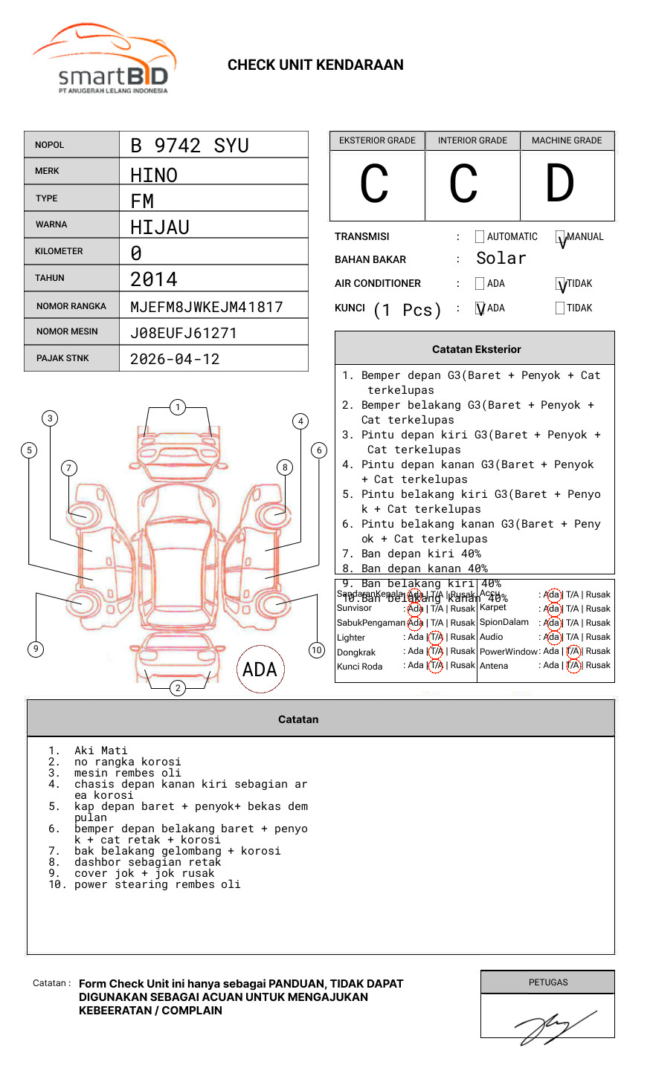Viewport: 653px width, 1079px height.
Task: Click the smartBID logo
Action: point(104,59)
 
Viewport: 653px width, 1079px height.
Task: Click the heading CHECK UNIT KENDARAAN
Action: point(315,65)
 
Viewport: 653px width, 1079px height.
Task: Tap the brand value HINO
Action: point(154,175)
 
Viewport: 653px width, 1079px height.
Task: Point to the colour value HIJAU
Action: point(160,227)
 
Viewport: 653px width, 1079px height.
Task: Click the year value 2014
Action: point(154,279)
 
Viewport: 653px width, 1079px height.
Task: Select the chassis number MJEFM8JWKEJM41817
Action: point(206,307)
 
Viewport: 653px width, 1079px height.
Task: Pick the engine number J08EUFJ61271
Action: point(183,333)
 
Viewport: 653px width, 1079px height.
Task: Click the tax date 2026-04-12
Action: point(175,359)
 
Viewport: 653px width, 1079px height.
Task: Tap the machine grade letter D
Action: point(560,184)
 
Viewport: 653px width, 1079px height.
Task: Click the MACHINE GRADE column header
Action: point(567,140)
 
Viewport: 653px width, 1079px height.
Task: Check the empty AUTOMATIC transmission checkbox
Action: point(480,237)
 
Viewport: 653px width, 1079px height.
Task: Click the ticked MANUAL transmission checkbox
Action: point(561,238)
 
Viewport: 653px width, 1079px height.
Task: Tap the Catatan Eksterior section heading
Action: point(476,349)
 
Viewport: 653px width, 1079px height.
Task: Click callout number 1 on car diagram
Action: point(177,407)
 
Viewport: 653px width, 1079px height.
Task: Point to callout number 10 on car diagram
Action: point(317,650)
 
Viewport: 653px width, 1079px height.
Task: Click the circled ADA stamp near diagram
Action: point(260,670)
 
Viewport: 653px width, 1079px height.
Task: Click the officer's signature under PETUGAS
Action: point(554,1026)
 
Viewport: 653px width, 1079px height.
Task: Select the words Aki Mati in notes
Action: point(101,751)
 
